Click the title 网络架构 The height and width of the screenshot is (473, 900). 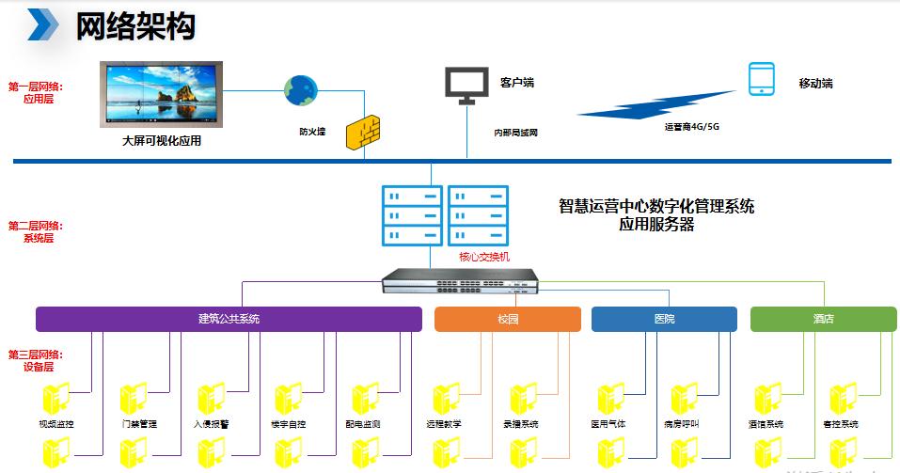click(x=135, y=25)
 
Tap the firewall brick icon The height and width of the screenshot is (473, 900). click(x=362, y=133)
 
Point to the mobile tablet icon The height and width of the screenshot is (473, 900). click(x=761, y=80)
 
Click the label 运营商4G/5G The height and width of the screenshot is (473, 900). click(x=691, y=125)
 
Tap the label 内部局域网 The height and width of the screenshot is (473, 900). click(x=515, y=133)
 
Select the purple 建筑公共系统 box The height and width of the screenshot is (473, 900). click(x=229, y=319)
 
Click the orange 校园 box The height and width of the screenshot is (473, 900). click(x=508, y=319)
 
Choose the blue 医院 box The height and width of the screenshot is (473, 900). click(x=664, y=319)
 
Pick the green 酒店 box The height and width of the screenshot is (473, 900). click(x=823, y=319)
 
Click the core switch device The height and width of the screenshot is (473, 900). click(x=459, y=279)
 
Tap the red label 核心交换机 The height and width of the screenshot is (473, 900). click(x=484, y=257)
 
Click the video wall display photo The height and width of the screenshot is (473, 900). click(x=162, y=95)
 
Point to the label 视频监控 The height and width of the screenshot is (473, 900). click(x=56, y=424)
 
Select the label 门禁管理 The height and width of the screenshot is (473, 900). click(x=139, y=424)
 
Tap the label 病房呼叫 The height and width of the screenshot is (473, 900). click(x=681, y=424)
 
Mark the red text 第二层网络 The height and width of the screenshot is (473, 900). click(x=35, y=226)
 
